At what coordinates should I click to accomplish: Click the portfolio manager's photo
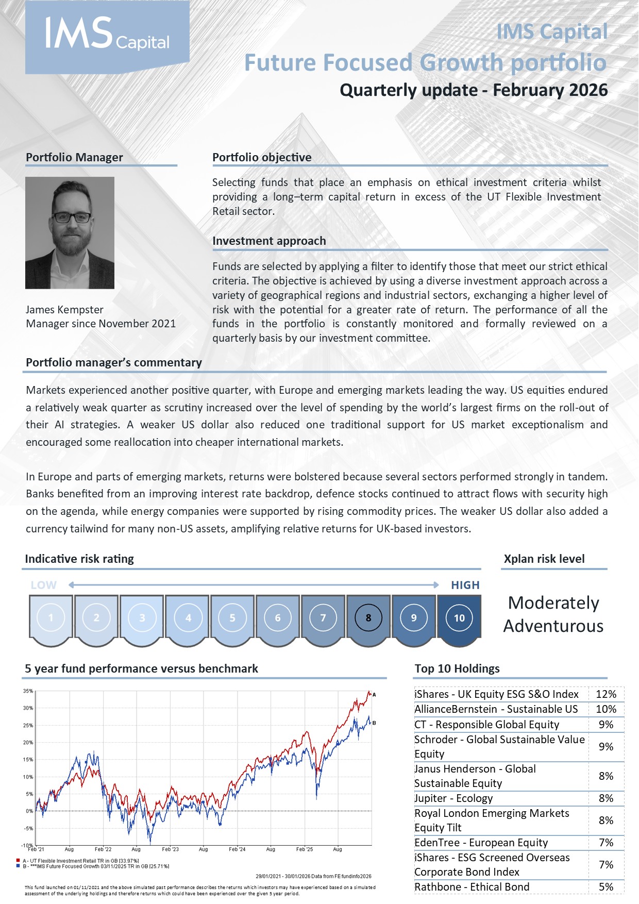pos(70,232)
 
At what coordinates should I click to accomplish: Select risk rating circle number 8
pos(368,617)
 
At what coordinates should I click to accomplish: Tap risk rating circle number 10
pos(459,617)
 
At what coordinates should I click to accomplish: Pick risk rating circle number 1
pos(51,617)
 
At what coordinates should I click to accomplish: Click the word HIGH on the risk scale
pos(465,585)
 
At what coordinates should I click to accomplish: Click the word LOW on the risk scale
pos(43,585)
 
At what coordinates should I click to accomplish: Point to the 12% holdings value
pos(606,694)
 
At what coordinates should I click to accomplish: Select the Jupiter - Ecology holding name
pos(453,798)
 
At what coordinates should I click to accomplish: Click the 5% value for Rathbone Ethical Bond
pos(606,887)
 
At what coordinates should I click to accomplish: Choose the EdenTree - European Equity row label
pos(481,843)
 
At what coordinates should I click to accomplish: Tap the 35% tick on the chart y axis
pos(28,691)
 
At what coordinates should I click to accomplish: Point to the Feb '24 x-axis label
pos(237,849)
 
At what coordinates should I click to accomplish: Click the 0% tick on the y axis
pos(29,811)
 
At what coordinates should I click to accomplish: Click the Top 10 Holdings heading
pos(457,668)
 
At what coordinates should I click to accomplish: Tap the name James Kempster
pos(64,310)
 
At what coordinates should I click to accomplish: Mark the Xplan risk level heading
pos(544,559)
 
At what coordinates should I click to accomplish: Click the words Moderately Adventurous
pos(553,614)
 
